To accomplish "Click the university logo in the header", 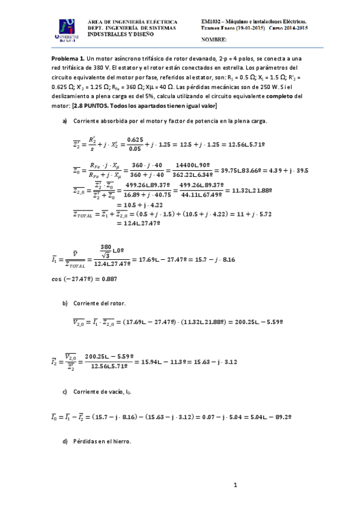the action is tap(68, 29).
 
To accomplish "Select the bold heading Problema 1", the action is tap(68, 58).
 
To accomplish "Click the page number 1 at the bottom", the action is tap(236, 485).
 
